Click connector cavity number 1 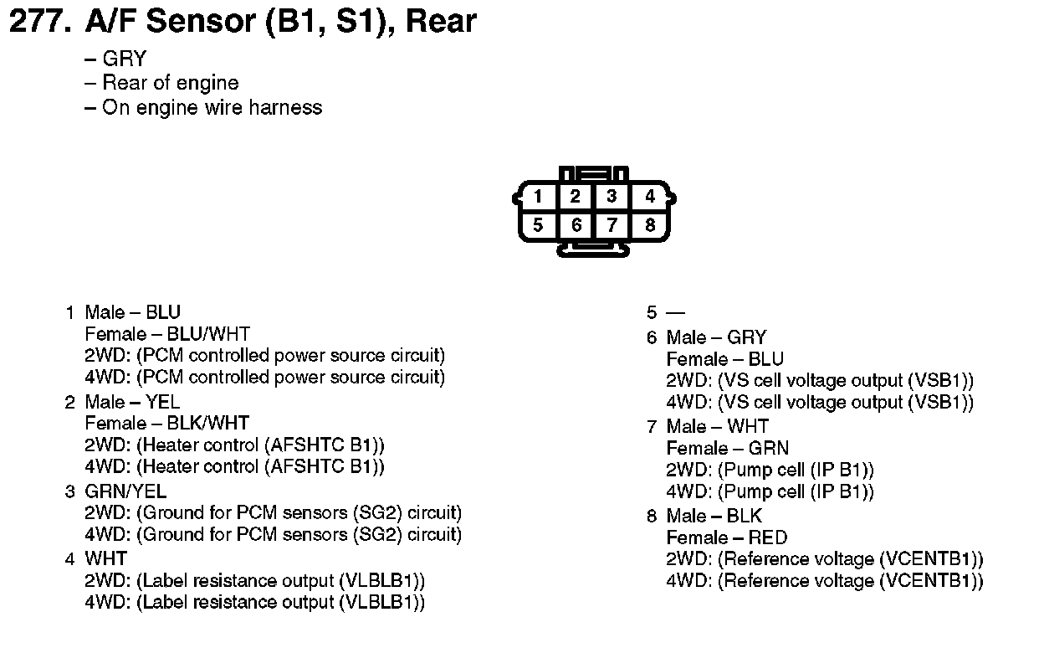(538, 197)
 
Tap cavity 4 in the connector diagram (650, 197)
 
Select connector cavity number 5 (538, 225)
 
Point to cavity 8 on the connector (650, 225)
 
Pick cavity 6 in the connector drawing (576, 225)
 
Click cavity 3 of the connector (612, 197)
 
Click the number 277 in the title (38, 22)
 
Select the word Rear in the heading (440, 22)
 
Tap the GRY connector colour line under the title (124, 59)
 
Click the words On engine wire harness (212, 107)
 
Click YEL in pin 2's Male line (163, 402)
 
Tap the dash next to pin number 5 (675, 313)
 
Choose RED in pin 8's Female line (768, 537)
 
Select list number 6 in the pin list (652, 337)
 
